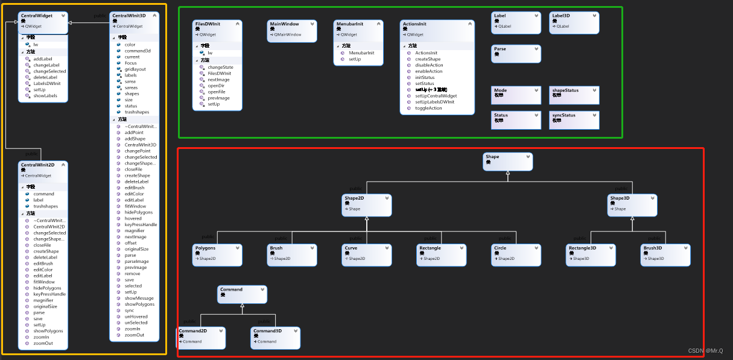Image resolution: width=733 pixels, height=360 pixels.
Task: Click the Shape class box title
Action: pyautogui.click(x=493, y=157)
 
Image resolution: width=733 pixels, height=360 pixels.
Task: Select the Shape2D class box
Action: pyautogui.click(x=367, y=205)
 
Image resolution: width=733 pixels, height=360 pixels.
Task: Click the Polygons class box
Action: pyautogui.click(x=218, y=254)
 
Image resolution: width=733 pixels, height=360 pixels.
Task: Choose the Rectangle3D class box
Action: pyautogui.click(x=591, y=254)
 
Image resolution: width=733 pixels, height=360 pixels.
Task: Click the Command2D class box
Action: pyautogui.click(x=201, y=338)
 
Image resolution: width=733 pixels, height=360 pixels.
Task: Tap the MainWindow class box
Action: pyautogui.click(x=292, y=31)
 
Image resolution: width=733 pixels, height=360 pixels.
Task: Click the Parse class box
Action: pyautogui.click(x=516, y=54)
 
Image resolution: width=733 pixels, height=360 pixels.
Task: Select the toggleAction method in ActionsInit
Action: pyautogui.click(x=428, y=109)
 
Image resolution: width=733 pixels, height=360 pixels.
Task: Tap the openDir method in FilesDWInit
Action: pyautogui.click(x=216, y=86)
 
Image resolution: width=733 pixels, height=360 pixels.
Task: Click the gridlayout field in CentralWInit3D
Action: pyautogui.click(x=135, y=69)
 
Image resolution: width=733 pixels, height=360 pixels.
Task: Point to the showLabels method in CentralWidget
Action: pyautogui.click(x=45, y=96)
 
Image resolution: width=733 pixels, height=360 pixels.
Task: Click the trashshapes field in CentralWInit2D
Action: pyautogui.click(x=46, y=206)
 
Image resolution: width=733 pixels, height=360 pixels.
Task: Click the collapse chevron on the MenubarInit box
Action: pyautogui.click(x=378, y=24)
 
